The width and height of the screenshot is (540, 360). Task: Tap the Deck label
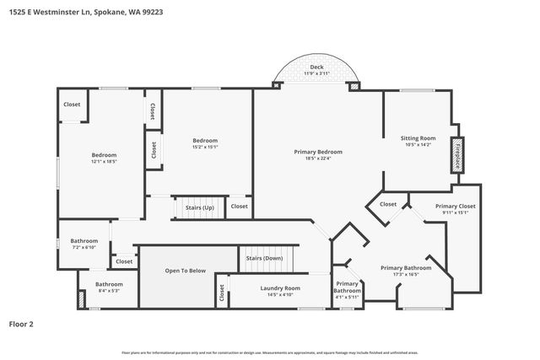pyautogui.click(x=316, y=67)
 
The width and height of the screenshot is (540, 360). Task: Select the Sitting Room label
pyautogui.click(x=417, y=137)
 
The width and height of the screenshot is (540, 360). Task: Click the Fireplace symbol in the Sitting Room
pyautogui.click(x=458, y=156)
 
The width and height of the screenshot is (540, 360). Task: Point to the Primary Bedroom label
pyautogui.click(x=317, y=152)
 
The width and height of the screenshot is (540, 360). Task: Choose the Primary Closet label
pyautogui.click(x=455, y=207)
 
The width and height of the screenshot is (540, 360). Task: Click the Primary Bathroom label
pyautogui.click(x=406, y=268)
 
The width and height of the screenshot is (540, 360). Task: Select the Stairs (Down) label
pyautogui.click(x=264, y=258)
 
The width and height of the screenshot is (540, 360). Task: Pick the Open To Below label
pyautogui.click(x=185, y=271)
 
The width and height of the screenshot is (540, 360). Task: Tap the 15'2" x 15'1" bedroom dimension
pyautogui.click(x=205, y=147)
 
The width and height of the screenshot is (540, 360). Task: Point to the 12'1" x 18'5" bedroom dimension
pyautogui.click(x=104, y=161)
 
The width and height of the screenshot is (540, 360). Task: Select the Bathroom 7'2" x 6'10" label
pyautogui.click(x=84, y=244)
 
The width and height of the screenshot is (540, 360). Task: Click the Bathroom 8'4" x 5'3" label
pyautogui.click(x=109, y=287)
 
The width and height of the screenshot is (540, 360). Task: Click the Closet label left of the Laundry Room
pyautogui.click(x=222, y=293)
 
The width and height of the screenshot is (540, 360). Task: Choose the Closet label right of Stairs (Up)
pyautogui.click(x=240, y=206)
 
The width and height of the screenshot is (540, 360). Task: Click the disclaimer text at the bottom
pyautogui.click(x=269, y=352)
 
